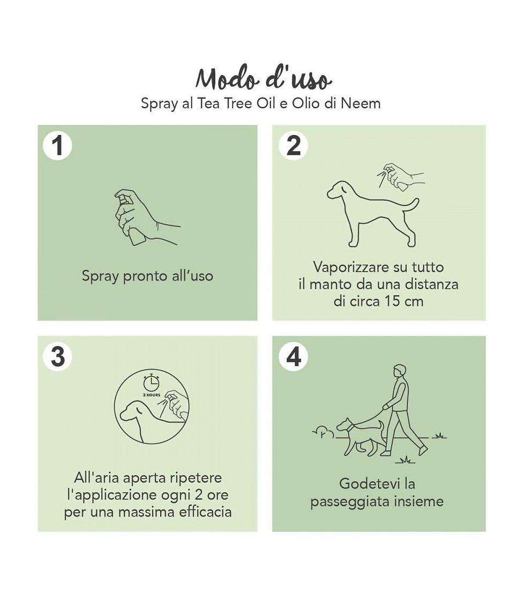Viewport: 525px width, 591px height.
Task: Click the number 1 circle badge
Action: pos(57,146)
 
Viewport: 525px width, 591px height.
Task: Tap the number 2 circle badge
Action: pos(293,146)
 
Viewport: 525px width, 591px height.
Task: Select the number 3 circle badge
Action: pos(57,356)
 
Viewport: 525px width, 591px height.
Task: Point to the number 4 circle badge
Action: pos(293,356)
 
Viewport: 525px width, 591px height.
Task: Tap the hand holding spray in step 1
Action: pos(147,217)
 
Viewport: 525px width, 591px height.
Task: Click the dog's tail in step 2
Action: pos(411,205)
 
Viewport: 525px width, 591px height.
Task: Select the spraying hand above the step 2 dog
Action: pos(401,176)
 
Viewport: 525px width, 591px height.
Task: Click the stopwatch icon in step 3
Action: pos(152,383)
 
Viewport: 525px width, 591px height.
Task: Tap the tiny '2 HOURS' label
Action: pos(152,395)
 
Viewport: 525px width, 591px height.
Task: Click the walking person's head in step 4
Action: pos(400,371)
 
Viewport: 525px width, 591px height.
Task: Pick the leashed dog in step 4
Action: pos(360,437)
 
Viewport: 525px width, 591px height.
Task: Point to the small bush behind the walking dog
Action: pos(324,433)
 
